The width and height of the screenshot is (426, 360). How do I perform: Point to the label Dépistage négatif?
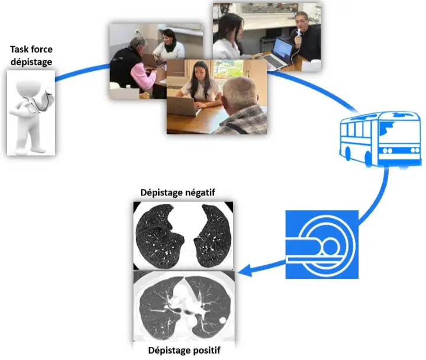pos(178,192)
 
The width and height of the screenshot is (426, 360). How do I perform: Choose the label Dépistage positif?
pos(184,351)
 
